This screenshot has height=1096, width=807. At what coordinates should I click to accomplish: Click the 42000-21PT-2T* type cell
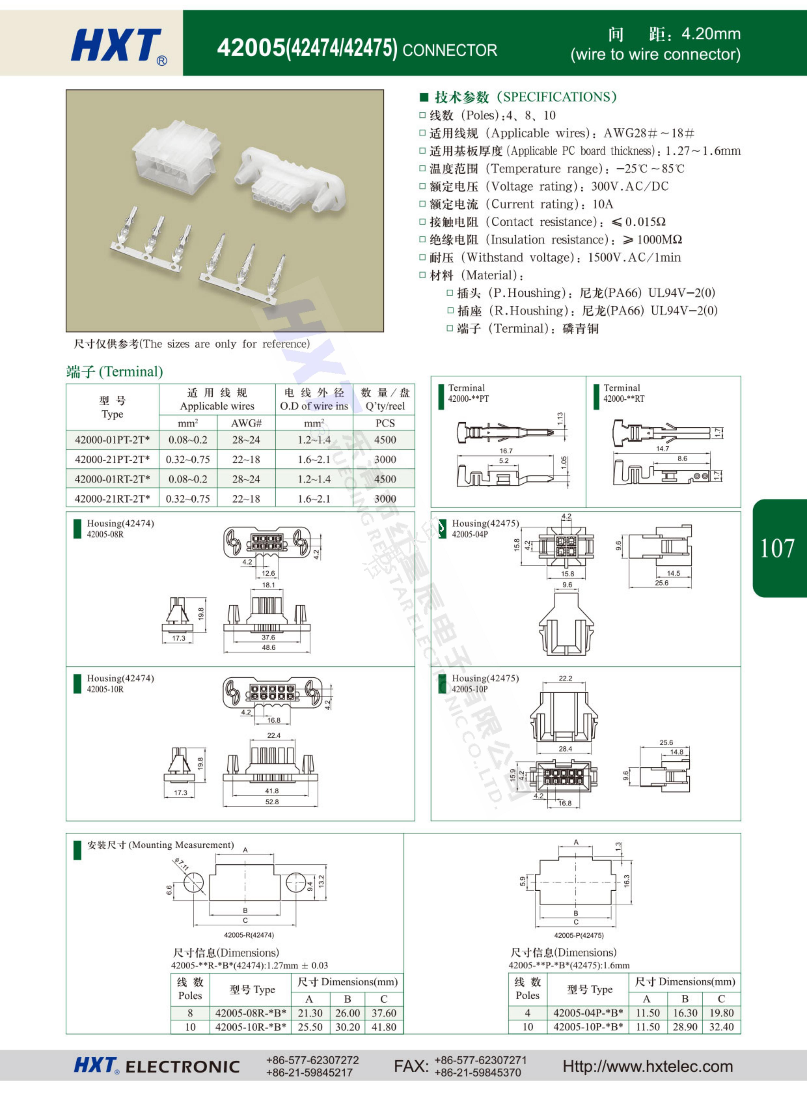[x=112, y=459]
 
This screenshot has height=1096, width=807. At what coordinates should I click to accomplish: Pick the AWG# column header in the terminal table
[x=246, y=423]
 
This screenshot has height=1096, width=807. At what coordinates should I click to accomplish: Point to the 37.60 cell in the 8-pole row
[x=384, y=1013]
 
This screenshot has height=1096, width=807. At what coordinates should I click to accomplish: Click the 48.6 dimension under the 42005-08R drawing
[x=268, y=648]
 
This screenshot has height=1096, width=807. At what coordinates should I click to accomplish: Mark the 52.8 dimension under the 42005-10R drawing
[x=272, y=802]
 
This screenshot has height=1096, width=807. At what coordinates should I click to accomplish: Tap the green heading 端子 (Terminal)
[x=114, y=372]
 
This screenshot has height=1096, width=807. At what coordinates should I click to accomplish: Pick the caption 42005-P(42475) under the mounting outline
[x=578, y=935]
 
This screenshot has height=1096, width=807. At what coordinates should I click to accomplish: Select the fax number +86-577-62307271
[x=481, y=1060]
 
